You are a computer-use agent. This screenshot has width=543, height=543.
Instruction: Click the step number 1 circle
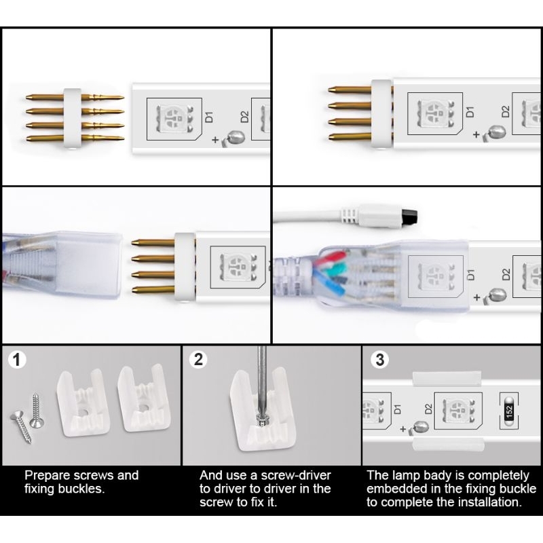pos(16,360)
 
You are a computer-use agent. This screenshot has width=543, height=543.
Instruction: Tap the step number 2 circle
pos(198,360)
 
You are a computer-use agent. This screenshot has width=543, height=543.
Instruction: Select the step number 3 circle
pos(379,360)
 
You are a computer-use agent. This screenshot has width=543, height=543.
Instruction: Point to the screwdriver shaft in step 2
pos(261,380)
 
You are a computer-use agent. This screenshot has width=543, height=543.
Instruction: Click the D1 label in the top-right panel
pos(470,111)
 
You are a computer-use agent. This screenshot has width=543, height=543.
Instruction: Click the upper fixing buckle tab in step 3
pos(447,378)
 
